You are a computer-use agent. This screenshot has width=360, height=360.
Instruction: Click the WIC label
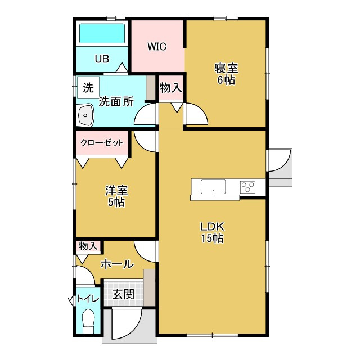click(x=157, y=47)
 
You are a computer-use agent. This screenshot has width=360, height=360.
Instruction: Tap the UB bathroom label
click(x=102, y=58)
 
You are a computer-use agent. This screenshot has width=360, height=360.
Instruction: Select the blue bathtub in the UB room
click(x=102, y=34)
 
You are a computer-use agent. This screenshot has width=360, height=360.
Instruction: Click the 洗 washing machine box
click(x=88, y=88)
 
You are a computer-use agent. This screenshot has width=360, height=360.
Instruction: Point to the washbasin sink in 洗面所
click(x=86, y=116)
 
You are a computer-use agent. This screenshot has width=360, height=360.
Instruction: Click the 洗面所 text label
click(x=116, y=102)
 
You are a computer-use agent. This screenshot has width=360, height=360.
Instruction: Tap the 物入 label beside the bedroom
click(x=170, y=88)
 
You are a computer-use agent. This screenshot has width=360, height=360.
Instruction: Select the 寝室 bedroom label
click(x=226, y=69)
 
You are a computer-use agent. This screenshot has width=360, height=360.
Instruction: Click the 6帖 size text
click(x=226, y=80)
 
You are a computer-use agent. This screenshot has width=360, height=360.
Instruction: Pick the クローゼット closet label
click(x=102, y=143)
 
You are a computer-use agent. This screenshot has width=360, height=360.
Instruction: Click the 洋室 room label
click(x=116, y=190)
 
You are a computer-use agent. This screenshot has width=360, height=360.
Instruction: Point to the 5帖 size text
click(x=116, y=202)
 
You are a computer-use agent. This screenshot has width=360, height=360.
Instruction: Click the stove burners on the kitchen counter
click(x=248, y=186)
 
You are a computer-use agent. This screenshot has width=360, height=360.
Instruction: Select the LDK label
click(x=213, y=227)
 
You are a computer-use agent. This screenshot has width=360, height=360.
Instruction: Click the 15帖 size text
click(x=213, y=238)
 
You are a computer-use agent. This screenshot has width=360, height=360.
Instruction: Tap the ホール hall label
click(x=117, y=263)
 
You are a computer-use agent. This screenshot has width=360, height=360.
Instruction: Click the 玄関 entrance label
click(x=122, y=294)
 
